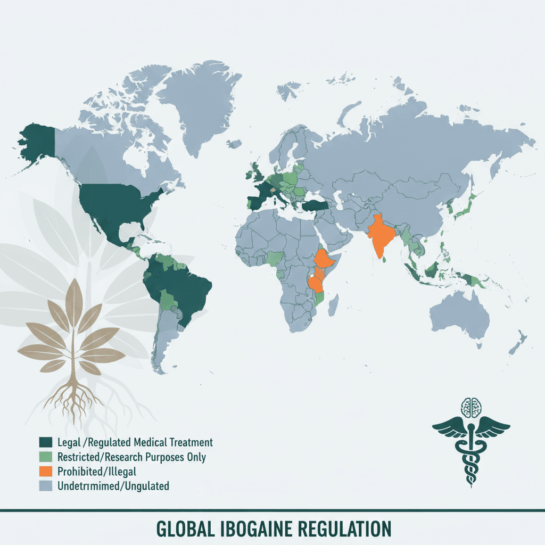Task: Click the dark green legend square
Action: coord(45,442)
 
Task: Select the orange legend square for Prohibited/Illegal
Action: coord(45,471)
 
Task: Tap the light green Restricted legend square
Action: coord(45,457)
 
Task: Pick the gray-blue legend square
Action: coord(45,485)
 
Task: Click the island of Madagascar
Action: coord(334,305)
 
